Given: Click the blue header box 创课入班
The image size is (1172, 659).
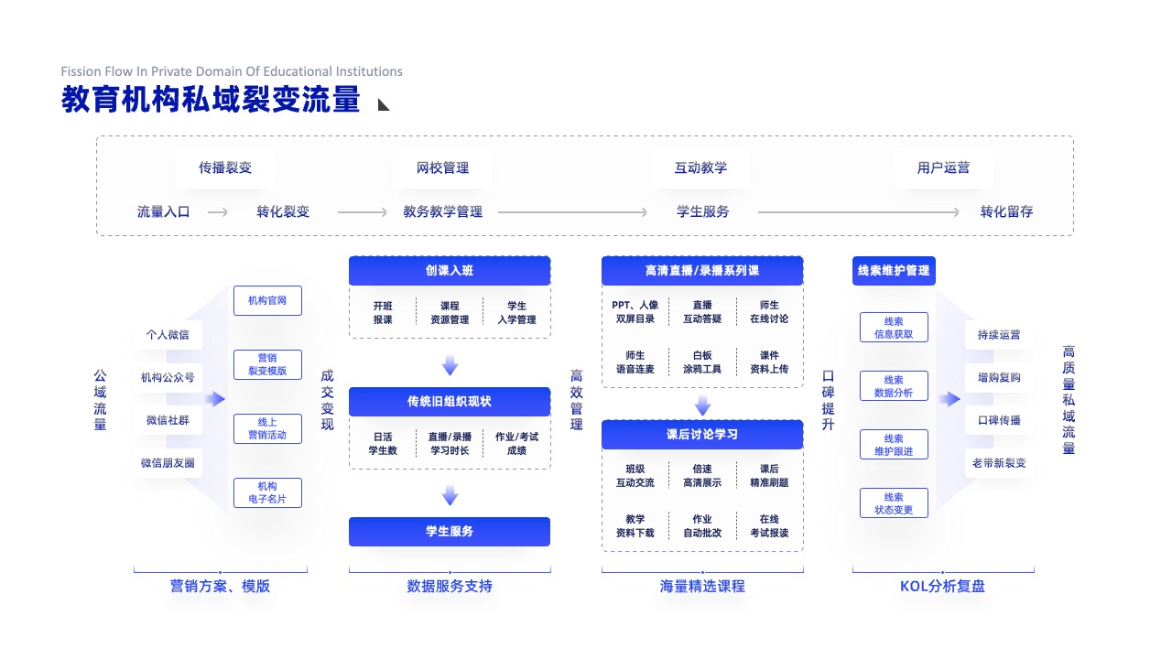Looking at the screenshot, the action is (x=450, y=270).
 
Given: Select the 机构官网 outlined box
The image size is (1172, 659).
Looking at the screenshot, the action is (x=267, y=300).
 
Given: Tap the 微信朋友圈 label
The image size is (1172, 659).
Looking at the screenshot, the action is (x=168, y=463).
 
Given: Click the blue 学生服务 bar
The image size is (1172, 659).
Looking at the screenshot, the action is (x=450, y=532).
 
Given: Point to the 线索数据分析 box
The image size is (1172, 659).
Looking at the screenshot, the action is (x=894, y=386).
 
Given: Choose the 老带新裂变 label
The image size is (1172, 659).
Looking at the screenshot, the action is (x=999, y=463).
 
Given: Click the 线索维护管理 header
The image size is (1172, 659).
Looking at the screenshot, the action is (x=894, y=270).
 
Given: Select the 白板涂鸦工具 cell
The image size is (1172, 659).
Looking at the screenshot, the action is (x=702, y=362).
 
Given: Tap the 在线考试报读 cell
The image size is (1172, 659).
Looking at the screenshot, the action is (x=769, y=525).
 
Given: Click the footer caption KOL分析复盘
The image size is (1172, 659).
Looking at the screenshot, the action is (x=942, y=586).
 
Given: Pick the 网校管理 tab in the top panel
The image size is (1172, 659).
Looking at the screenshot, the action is (x=442, y=167).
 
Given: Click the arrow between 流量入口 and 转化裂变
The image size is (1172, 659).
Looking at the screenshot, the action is (x=218, y=212).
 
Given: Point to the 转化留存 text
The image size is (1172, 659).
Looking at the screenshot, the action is (x=1006, y=211).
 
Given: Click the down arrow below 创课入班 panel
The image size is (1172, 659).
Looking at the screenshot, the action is (x=450, y=364).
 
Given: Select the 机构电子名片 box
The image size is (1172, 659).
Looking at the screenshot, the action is (x=267, y=492).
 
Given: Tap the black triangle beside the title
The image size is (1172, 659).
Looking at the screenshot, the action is (x=383, y=104).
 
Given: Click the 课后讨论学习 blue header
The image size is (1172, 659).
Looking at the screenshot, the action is (x=702, y=434).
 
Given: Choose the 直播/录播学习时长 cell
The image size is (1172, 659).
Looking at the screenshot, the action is (x=450, y=444).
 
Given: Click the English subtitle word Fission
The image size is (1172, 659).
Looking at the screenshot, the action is (x=80, y=71).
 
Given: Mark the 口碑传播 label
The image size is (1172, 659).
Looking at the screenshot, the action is (x=999, y=420).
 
